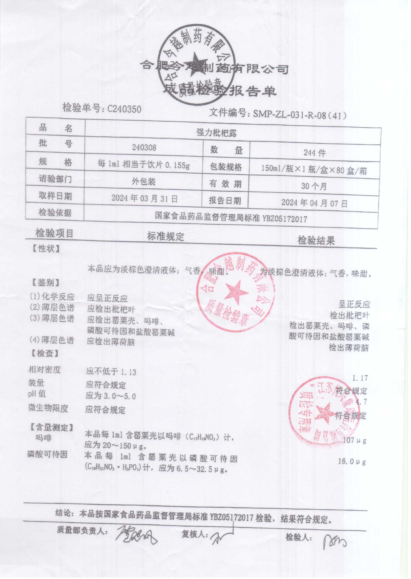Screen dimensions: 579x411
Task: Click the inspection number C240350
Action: pyautogui.click(x=124, y=109)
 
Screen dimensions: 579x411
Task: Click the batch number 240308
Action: pyautogui.click(x=144, y=147)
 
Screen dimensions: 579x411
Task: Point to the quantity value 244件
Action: pyautogui.click(x=315, y=153)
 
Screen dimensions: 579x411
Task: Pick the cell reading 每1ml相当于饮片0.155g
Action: pyautogui.click(x=144, y=165)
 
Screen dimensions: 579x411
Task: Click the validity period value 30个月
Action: pyautogui.click(x=314, y=186)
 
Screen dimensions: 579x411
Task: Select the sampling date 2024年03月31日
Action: pyautogui.click(x=144, y=198)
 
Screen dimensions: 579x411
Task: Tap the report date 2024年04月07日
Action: pyautogui.click(x=314, y=203)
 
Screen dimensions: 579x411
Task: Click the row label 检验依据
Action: pyautogui.click(x=55, y=212)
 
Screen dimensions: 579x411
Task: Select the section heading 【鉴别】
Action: pyautogui.click(x=46, y=283)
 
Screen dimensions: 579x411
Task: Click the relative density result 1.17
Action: pyautogui.click(x=360, y=378)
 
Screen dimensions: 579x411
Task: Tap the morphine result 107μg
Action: pyautogui.click(x=354, y=441)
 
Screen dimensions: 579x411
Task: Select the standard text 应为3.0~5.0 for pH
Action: pyautogui.click(x=111, y=396)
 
